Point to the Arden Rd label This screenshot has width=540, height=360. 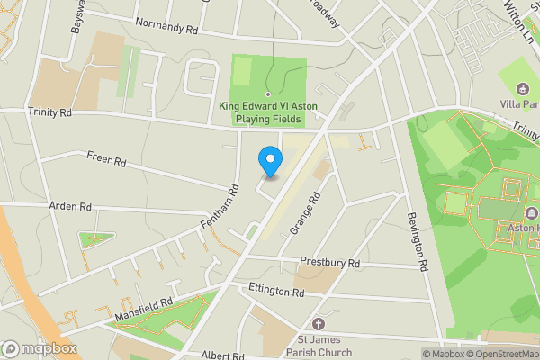point(71,206)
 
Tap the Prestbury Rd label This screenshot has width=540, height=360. point(329,264)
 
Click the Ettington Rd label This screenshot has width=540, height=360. point(274,292)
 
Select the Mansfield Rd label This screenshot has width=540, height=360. point(143,310)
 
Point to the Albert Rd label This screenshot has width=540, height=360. point(223,355)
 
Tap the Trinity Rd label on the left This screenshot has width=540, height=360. point(49,112)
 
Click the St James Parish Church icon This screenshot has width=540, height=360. point(317,324)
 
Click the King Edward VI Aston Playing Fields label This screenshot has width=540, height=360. point(267,112)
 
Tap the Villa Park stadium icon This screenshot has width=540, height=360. point(523,89)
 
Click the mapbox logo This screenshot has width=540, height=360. point(40,348)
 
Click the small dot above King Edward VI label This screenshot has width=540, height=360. point(267,94)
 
